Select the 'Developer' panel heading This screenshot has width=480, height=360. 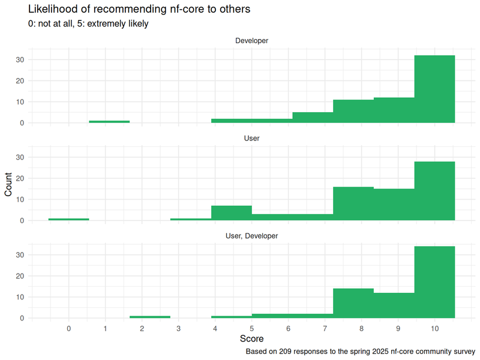[x=251, y=41]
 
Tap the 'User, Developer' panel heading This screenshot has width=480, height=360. [x=251, y=236]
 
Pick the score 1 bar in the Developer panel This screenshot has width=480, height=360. [x=109, y=122]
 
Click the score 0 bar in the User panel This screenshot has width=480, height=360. [x=68, y=219]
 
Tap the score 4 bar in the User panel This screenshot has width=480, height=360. [x=231, y=213]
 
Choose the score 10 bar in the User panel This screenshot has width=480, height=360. [x=434, y=191]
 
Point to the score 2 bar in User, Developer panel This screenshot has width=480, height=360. [x=150, y=317]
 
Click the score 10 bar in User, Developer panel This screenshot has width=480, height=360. [x=434, y=282]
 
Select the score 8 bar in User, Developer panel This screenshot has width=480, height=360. [x=353, y=303]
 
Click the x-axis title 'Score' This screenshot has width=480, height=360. [x=251, y=340]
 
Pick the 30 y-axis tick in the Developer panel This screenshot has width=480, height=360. [x=20, y=59]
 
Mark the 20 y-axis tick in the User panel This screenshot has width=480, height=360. [x=20, y=178]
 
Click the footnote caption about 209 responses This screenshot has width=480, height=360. [x=360, y=351]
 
